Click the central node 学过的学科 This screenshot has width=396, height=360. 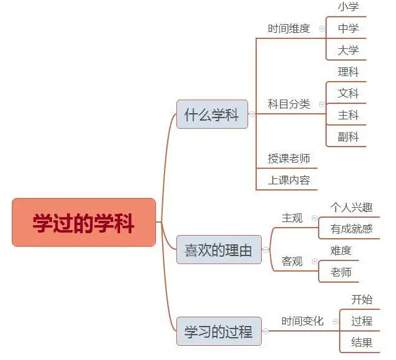(x=84, y=223)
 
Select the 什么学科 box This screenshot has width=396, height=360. (x=212, y=114)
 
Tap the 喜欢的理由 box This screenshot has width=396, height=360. (x=218, y=250)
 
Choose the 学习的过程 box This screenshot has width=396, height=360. (x=218, y=332)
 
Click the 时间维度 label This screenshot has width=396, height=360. (x=289, y=28)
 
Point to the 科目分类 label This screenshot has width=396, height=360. (x=289, y=104)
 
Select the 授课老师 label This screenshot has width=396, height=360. (x=289, y=158)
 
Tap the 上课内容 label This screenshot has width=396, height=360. (x=289, y=180)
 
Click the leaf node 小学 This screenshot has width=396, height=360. (x=348, y=7)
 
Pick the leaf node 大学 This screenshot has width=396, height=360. (x=348, y=50)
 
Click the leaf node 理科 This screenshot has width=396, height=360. (x=348, y=72)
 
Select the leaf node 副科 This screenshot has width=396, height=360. (x=348, y=137)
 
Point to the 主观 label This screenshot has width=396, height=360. (x=292, y=218)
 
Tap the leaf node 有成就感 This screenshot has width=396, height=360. (x=351, y=229)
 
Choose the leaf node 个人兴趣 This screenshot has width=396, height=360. (x=351, y=207)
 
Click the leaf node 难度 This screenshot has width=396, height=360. (x=341, y=251)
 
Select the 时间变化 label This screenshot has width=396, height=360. (x=303, y=321)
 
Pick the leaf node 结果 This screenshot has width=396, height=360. (x=362, y=342)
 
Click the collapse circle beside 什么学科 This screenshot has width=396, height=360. (x=252, y=114)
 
